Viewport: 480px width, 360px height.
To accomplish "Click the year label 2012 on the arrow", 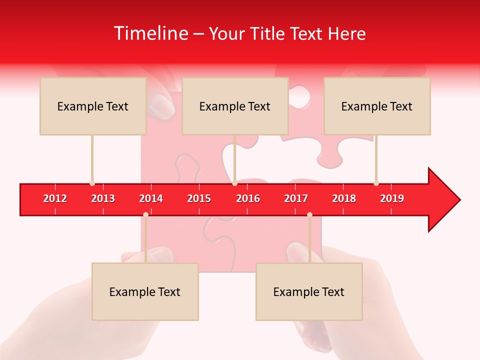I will [55, 198].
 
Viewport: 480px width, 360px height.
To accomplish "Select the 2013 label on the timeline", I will [103, 198].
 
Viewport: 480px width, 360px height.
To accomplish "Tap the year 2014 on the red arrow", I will [151, 198].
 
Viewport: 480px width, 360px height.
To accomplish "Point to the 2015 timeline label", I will [199, 198].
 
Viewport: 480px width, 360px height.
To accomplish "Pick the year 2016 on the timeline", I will [248, 198].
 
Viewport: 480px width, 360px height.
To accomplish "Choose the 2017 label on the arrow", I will [296, 198].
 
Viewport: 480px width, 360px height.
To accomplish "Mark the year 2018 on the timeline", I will [344, 198].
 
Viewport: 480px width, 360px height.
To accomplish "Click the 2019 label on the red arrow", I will [392, 198].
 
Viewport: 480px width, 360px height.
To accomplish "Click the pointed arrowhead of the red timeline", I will [447, 199].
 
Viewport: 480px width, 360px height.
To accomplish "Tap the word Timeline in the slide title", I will [150, 33].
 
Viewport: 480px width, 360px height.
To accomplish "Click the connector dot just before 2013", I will [92, 183].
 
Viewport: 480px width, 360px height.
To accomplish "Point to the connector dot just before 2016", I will [234, 183].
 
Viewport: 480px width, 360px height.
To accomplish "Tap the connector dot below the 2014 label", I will [145, 214].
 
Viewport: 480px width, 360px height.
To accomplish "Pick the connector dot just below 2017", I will [309, 214].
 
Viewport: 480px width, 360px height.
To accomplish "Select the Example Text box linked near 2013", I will [93, 106].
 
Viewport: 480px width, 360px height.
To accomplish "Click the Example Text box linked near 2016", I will [235, 106].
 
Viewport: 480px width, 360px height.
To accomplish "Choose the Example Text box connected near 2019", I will [377, 106].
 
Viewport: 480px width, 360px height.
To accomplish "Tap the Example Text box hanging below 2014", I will [145, 291].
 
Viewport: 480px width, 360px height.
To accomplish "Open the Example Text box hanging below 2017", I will [309, 291].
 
